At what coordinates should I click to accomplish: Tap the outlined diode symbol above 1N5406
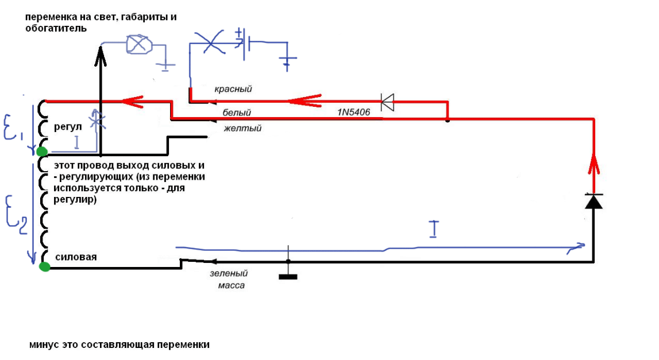(x=388, y=102)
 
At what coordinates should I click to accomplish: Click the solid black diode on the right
(x=593, y=201)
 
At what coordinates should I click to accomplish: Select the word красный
(x=233, y=90)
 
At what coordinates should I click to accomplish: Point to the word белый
(x=237, y=113)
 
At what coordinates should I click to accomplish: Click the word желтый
(x=242, y=128)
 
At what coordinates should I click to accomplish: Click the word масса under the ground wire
(x=232, y=285)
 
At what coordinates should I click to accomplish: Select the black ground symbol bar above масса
(x=288, y=277)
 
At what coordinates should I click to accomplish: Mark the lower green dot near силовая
(x=44, y=266)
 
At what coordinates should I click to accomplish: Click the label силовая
(x=75, y=257)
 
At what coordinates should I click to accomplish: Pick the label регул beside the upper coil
(x=68, y=126)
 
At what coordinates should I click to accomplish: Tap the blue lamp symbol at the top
(x=138, y=45)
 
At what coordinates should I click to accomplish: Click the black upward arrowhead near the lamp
(x=100, y=52)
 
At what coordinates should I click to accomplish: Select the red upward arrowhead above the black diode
(x=593, y=167)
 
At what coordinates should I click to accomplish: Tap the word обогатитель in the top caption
(x=56, y=28)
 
